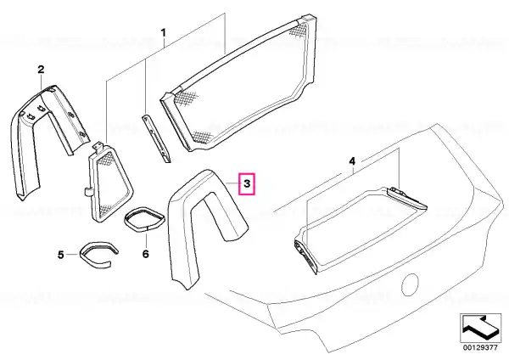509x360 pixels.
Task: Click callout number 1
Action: click(164, 33)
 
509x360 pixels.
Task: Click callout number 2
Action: click(41, 70)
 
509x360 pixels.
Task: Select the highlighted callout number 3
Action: click(247, 184)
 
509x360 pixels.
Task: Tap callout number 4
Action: click(352, 161)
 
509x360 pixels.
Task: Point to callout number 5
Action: click(61, 255)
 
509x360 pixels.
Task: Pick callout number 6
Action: click(145, 254)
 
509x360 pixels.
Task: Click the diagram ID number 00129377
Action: click(480, 347)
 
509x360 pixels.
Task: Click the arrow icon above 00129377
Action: click(480, 328)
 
